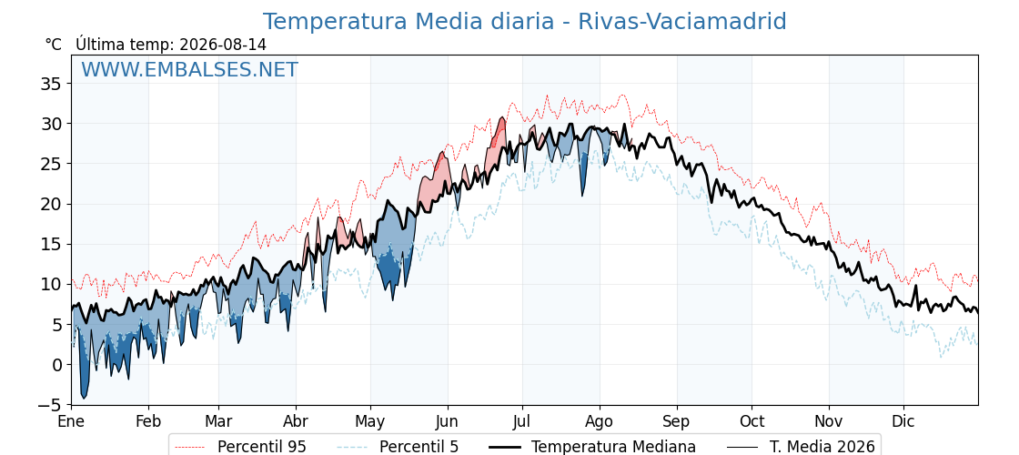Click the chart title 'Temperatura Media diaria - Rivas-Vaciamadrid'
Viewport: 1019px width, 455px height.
(524, 22)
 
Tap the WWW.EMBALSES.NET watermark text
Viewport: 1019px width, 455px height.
(190, 69)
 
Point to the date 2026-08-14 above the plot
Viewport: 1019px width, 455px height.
(223, 45)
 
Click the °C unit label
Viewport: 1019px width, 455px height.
(54, 45)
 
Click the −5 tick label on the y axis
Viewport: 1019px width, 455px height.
(49, 405)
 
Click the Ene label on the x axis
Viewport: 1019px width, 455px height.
(71, 421)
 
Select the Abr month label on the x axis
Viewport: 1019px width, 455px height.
(296, 421)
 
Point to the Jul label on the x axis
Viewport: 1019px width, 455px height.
(522, 421)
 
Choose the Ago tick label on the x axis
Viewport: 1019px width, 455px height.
(600, 421)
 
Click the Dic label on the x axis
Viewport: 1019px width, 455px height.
(903, 421)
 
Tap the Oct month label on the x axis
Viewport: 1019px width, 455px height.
(752, 421)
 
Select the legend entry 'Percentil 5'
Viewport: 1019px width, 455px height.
(399, 447)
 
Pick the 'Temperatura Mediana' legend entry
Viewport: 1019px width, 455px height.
(591, 447)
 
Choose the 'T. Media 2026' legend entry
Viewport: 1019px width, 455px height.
(801, 447)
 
